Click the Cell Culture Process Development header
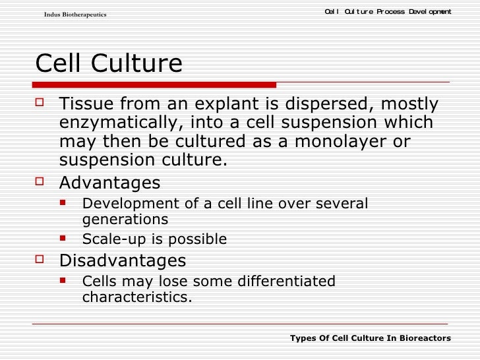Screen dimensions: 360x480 tap(388, 11)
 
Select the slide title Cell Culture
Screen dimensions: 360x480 tap(108, 64)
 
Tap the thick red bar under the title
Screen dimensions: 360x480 tap(155, 85)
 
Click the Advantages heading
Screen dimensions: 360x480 tap(109, 182)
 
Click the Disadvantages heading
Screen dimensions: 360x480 tap(123, 260)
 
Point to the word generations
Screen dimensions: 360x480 tap(125, 220)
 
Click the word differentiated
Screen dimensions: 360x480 tap(284, 282)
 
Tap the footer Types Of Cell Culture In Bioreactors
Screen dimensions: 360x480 tap(370, 338)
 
